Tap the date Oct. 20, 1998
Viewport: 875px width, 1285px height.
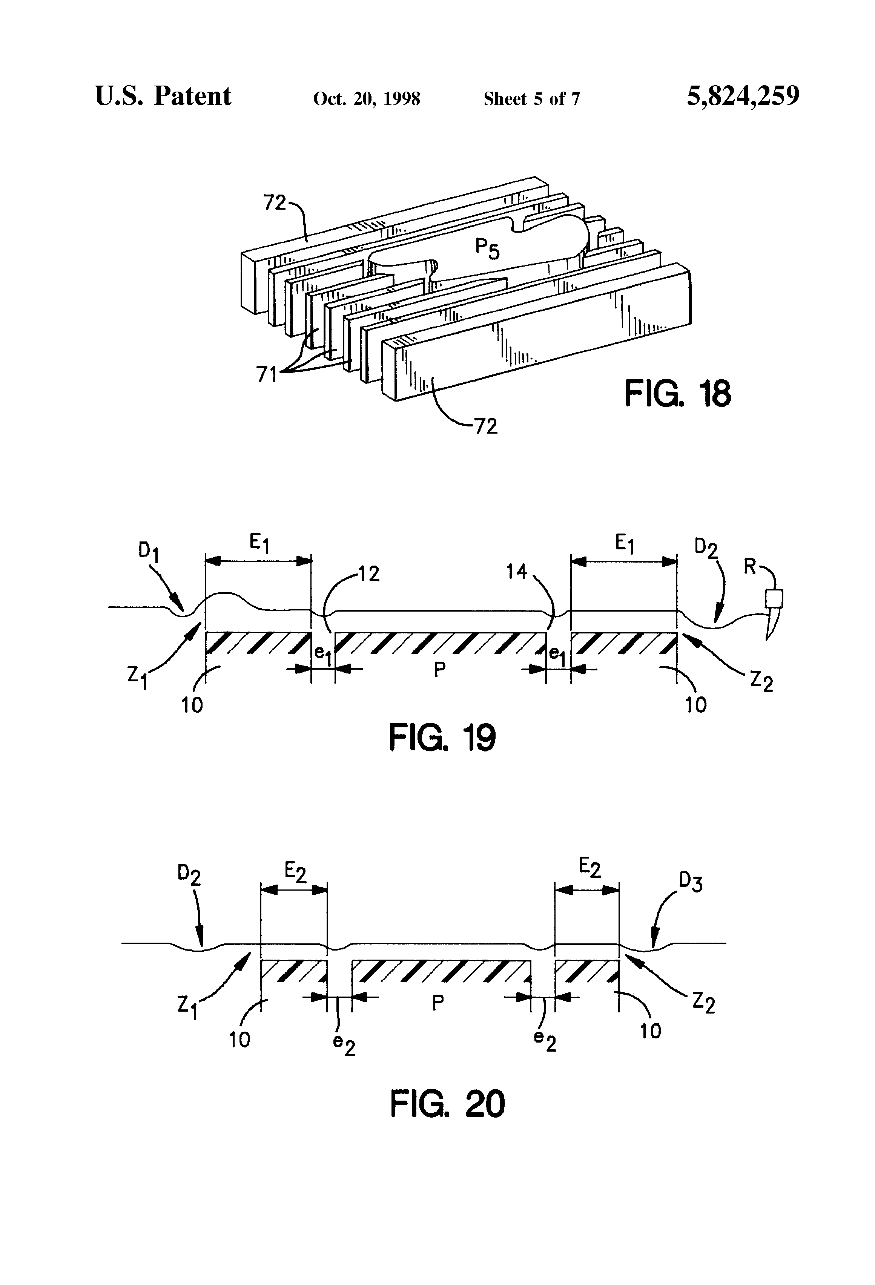[366, 99]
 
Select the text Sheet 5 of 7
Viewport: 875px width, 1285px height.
[531, 99]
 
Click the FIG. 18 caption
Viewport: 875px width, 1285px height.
[677, 394]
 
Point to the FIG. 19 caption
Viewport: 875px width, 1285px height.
[442, 737]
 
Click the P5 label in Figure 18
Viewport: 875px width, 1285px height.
[487, 249]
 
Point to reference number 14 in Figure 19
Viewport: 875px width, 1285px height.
[517, 572]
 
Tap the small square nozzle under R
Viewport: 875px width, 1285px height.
[774, 598]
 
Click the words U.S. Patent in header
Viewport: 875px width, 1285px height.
[163, 96]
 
